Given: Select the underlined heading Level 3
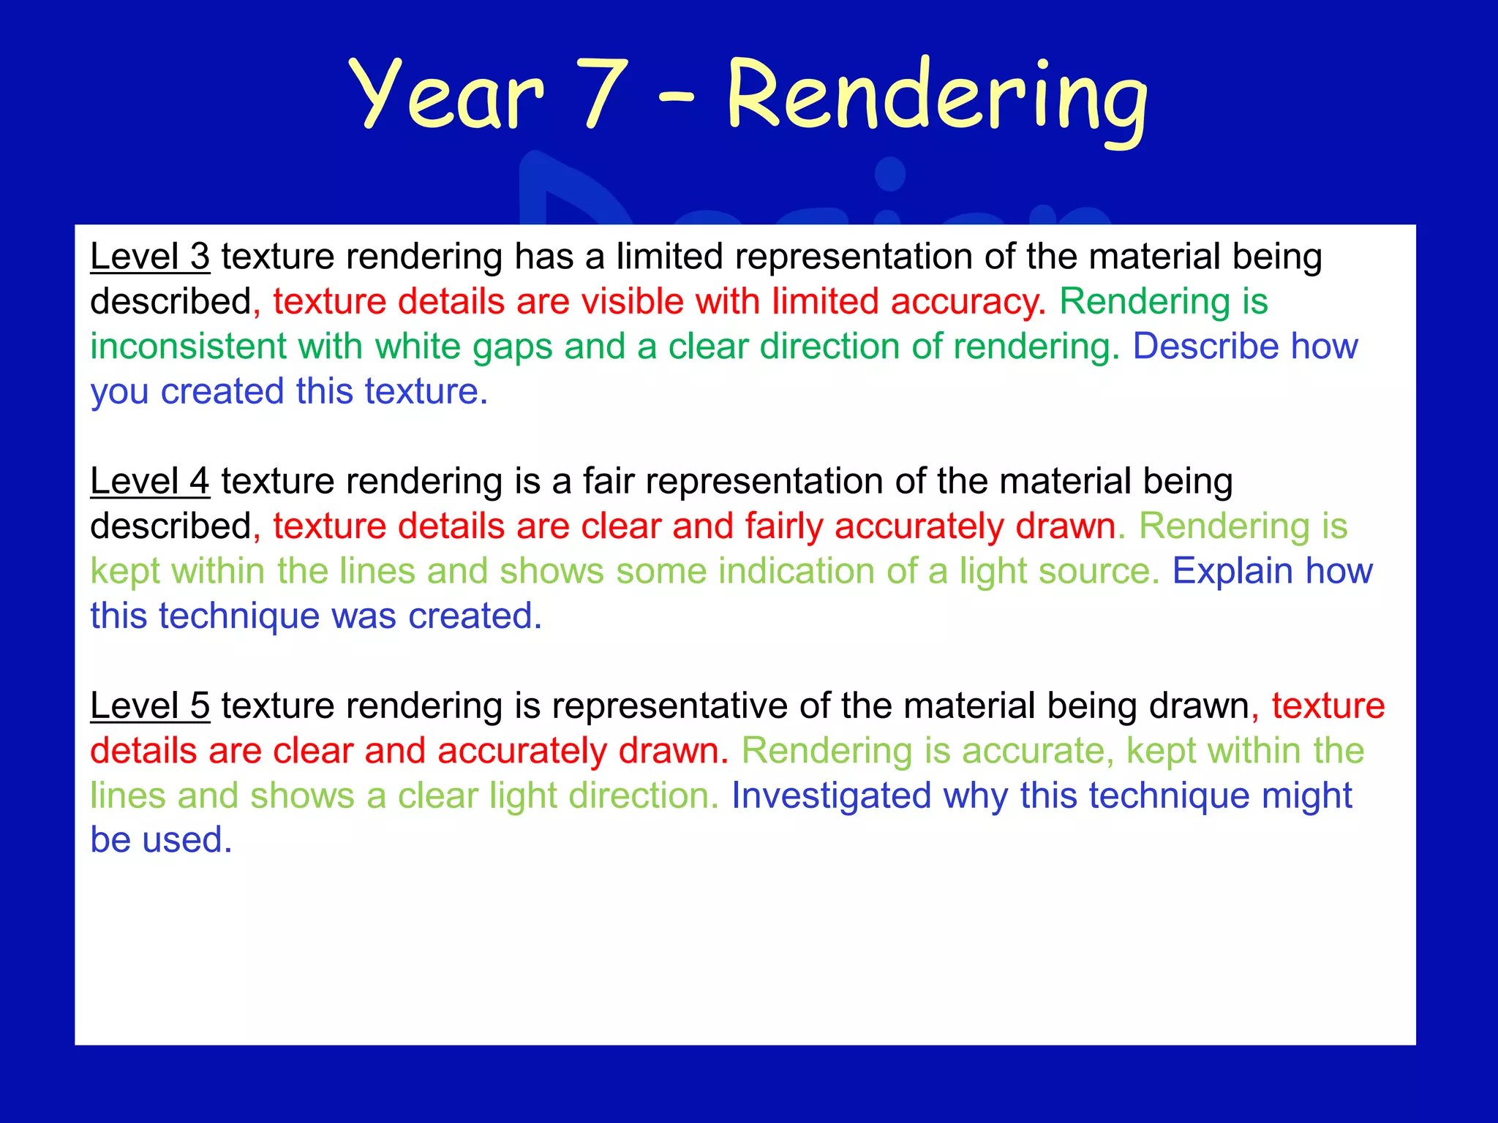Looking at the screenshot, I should (150, 257).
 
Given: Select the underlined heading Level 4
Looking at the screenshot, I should (150, 481).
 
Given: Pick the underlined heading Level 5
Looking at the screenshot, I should (150, 706).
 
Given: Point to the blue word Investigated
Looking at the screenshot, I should (831, 795).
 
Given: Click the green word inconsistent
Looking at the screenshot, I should (189, 346).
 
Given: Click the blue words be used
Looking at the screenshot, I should (161, 840).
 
